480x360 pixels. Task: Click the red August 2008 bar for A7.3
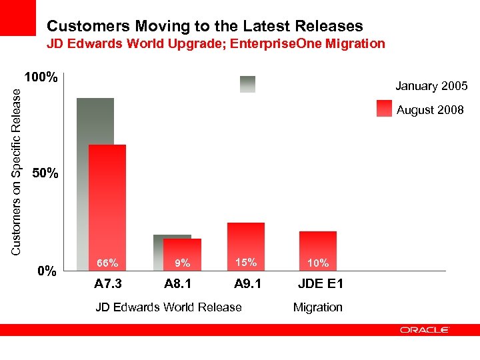point(107,200)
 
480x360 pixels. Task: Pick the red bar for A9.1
point(246,240)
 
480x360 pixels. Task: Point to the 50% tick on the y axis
point(46,174)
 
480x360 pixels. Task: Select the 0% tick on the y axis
point(46,271)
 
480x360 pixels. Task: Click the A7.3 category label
point(108,285)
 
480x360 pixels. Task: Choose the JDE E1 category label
point(321,285)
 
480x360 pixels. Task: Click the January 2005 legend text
point(431,86)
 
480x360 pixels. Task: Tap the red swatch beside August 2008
point(384,109)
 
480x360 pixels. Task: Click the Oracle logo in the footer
point(425,329)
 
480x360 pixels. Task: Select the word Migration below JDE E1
point(318,307)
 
